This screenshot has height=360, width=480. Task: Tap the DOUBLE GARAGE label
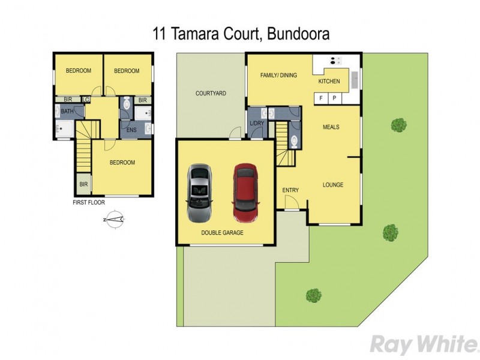(223, 232)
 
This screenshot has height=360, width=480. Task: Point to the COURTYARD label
(211, 94)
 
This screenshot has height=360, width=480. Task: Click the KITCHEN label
(329, 81)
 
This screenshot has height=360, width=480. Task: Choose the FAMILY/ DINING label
(278, 76)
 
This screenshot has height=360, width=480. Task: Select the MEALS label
(331, 127)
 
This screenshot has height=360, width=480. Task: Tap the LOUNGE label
(332, 185)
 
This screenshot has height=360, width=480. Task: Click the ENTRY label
(290, 190)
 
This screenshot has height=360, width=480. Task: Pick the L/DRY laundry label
(257, 124)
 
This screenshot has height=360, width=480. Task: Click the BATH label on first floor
(67, 112)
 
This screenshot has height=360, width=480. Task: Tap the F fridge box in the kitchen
(321, 98)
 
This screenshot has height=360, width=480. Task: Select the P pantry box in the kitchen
(334, 98)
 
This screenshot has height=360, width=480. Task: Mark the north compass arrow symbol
(115, 220)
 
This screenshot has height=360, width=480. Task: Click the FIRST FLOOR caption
(89, 203)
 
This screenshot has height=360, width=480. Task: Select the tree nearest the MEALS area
(398, 125)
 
